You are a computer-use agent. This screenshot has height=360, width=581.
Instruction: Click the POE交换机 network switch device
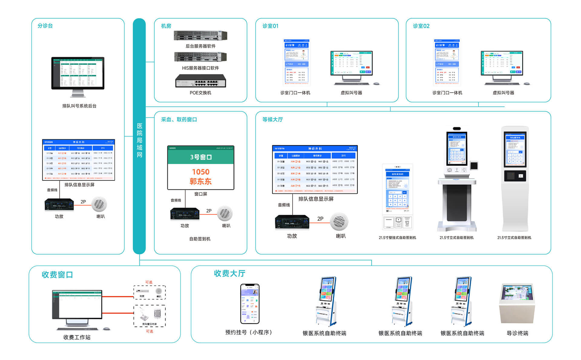tap(200, 81)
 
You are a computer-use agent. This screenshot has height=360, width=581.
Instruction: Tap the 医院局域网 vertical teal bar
tap(139, 136)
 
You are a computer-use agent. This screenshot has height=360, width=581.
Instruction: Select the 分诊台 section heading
tap(45, 26)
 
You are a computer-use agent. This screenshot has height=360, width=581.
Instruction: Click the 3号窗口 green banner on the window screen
tap(201, 157)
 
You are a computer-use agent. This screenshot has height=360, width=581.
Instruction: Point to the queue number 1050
tap(201, 172)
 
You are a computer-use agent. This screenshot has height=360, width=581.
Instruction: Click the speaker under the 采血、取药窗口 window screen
tap(225, 213)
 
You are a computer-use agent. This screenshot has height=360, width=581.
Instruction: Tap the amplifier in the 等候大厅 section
tap(292, 222)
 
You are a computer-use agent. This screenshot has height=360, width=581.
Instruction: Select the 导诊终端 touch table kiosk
tap(517, 303)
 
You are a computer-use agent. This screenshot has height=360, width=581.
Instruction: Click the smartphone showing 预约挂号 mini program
tap(250, 304)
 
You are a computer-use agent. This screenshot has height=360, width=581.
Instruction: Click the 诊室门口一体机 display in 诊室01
tap(297, 62)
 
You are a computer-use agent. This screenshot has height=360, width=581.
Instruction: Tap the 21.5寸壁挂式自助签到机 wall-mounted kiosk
tap(398, 197)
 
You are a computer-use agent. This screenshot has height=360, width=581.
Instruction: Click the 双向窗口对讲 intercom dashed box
tap(149, 316)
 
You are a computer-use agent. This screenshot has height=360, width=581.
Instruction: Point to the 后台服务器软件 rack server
tap(200, 36)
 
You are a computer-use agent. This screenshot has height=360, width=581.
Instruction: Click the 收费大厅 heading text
tap(229, 273)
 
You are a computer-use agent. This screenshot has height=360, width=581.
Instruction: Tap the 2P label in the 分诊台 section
tap(83, 202)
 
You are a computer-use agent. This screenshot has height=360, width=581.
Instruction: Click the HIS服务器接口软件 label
tap(200, 68)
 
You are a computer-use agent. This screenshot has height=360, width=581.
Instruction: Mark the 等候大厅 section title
tap(272, 120)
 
